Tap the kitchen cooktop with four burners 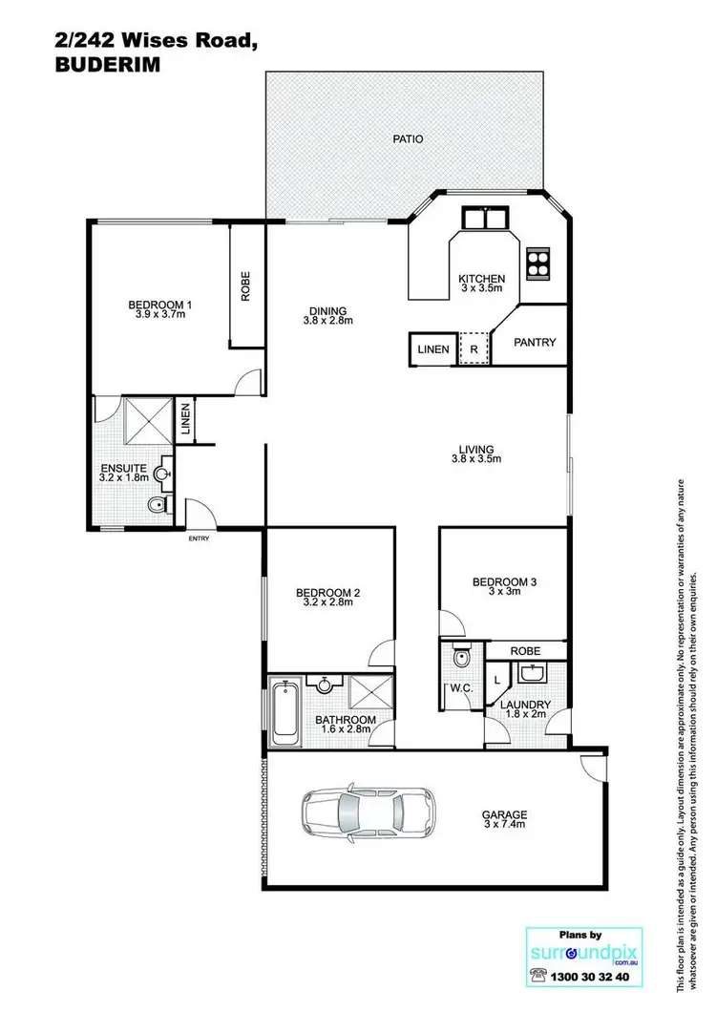pos(538,262)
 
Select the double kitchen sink pos(485,218)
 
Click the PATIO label pos(408,138)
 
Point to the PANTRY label pos(536,342)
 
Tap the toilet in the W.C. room pos(461,658)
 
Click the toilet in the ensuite pos(156,503)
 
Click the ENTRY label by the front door pos(199,538)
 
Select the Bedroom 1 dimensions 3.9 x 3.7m pos(161,317)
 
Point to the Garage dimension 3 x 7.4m pos(503,827)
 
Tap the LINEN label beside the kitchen pos(432,349)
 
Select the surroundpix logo pos(579,950)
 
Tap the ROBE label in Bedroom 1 pos(245,286)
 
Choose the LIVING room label pos(475,449)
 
